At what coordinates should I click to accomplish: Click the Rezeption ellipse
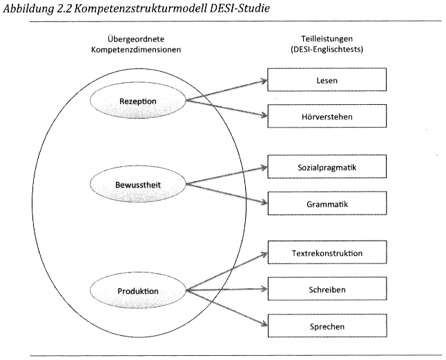[x=138, y=101]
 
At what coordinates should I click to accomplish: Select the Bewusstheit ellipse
[x=138, y=185]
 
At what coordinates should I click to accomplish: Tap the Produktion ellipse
[x=138, y=290]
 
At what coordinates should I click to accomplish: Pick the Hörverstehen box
[x=327, y=116]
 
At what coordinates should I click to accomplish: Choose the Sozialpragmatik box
[x=327, y=167]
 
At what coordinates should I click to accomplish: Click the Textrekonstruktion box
[x=327, y=253]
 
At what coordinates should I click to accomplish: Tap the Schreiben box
[x=327, y=289]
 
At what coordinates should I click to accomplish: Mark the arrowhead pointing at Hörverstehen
[x=263, y=116]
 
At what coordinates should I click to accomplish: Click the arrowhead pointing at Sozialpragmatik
[x=263, y=168]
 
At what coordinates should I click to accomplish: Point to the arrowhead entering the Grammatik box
[x=263, y=203]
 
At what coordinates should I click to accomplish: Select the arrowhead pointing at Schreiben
[x=263, y=289]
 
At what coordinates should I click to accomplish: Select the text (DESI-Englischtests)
[x=327, y=50]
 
